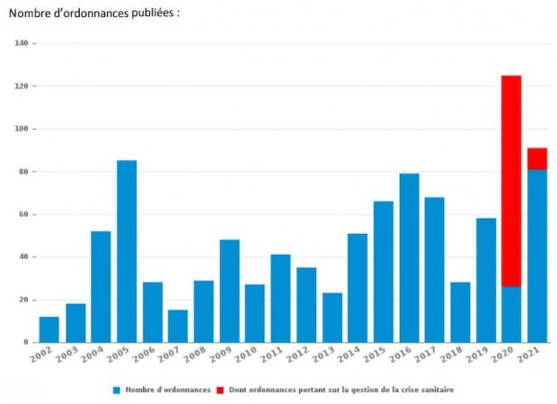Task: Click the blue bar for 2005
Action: (127, 251)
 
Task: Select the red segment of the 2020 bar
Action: (511, 181)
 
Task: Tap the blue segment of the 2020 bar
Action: (511, 314)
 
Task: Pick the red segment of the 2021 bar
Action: (537, 158)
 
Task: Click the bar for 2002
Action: (49, 329)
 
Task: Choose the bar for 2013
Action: (332, 318)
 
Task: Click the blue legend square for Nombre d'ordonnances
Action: (117, 390)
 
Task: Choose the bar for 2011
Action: (280, 298)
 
